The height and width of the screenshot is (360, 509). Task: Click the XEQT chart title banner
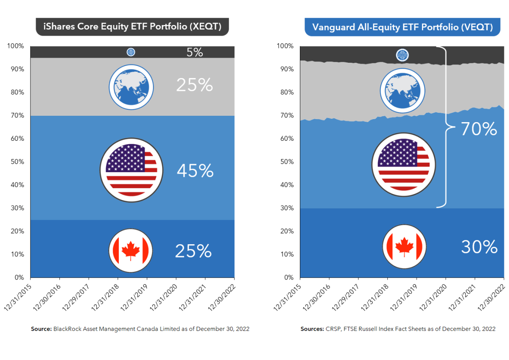131,28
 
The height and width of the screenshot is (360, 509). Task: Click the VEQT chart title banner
402,28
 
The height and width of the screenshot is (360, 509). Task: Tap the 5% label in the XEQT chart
195,52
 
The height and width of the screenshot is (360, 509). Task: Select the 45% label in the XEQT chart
195,171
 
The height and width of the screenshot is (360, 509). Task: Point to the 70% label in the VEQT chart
479,129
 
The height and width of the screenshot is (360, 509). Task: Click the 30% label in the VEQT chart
479,247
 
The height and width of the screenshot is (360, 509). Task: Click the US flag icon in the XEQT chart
131,170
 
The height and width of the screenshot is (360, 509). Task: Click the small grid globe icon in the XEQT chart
131,52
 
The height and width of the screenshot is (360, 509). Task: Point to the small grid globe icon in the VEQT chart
402,55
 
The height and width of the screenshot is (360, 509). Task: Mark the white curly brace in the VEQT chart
445,127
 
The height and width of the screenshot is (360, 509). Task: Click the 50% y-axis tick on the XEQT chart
17,162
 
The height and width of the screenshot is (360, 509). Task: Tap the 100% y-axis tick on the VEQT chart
285,46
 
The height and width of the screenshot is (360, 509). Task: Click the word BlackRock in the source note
64,329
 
